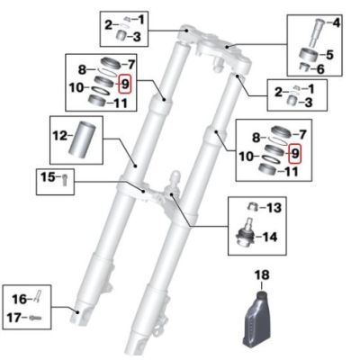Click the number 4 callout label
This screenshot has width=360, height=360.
pos(337,22)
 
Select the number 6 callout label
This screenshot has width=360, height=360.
pos(337,69)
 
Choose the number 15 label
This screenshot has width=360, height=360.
pos(49,177)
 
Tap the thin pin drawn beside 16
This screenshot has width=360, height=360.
pos(38,294)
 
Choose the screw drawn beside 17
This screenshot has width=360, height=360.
pos(37,316)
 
